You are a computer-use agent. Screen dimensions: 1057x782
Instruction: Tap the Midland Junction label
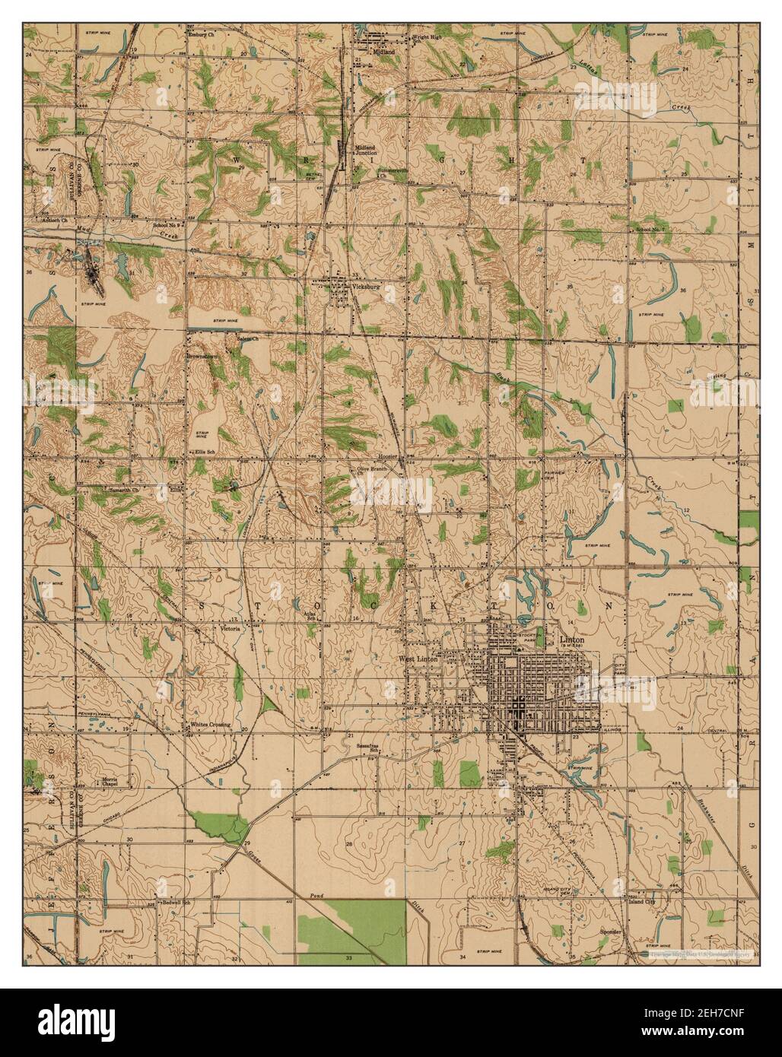point(367,150)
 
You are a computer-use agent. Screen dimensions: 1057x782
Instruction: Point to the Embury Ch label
point(203,33)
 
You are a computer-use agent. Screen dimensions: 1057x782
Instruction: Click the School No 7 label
point(650,229)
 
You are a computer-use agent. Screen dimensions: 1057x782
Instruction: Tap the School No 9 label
point(166,225)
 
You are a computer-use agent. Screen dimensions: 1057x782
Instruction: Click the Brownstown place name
point(204,355)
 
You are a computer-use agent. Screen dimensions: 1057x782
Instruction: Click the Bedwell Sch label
point(173,902)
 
